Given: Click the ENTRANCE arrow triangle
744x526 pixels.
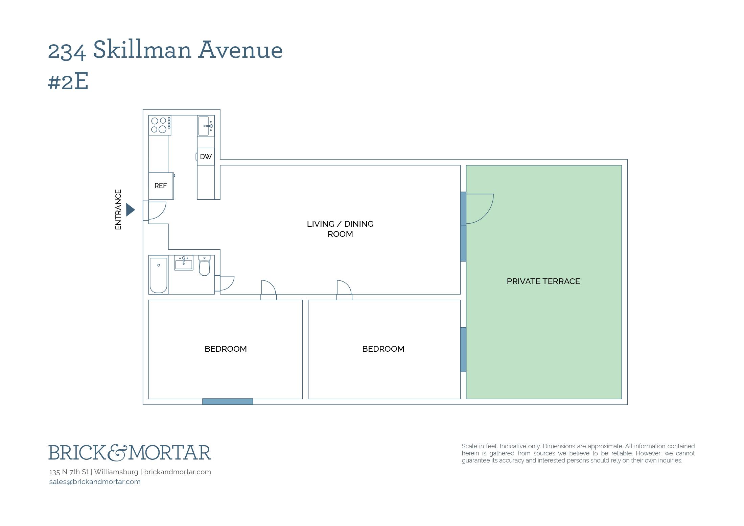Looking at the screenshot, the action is [x=130, y=210].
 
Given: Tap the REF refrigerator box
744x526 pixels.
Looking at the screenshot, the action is [x=161, y=186].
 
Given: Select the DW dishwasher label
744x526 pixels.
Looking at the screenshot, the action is [x=206, y=157].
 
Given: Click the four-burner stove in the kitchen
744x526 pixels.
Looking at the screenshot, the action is [x=160, y=125].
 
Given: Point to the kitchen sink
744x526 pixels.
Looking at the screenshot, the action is [x=206, y=126].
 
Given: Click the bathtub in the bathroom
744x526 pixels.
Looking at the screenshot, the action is [x=159, y=275].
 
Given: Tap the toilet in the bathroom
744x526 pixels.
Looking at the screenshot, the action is [x=204, y=266].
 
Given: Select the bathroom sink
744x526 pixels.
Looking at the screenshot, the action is [x=184, y=263].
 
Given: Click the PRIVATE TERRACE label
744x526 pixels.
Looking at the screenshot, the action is [x=543, y=281].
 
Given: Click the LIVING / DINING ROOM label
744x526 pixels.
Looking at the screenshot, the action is [x=340, y=229].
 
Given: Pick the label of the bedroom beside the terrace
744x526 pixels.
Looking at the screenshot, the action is [x=383, y=349].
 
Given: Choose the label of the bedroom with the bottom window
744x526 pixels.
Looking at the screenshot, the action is [x=226, y=349].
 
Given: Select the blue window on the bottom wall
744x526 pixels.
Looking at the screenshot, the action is [x=228, y=401].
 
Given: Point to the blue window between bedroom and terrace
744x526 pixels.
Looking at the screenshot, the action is [x=463, y=349].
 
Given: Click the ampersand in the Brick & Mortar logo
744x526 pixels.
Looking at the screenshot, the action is [x=118, y=453].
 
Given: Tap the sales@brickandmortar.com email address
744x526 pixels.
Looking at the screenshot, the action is [x=95, y=482].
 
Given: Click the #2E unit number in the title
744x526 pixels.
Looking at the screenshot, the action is [x=68, y=81].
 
